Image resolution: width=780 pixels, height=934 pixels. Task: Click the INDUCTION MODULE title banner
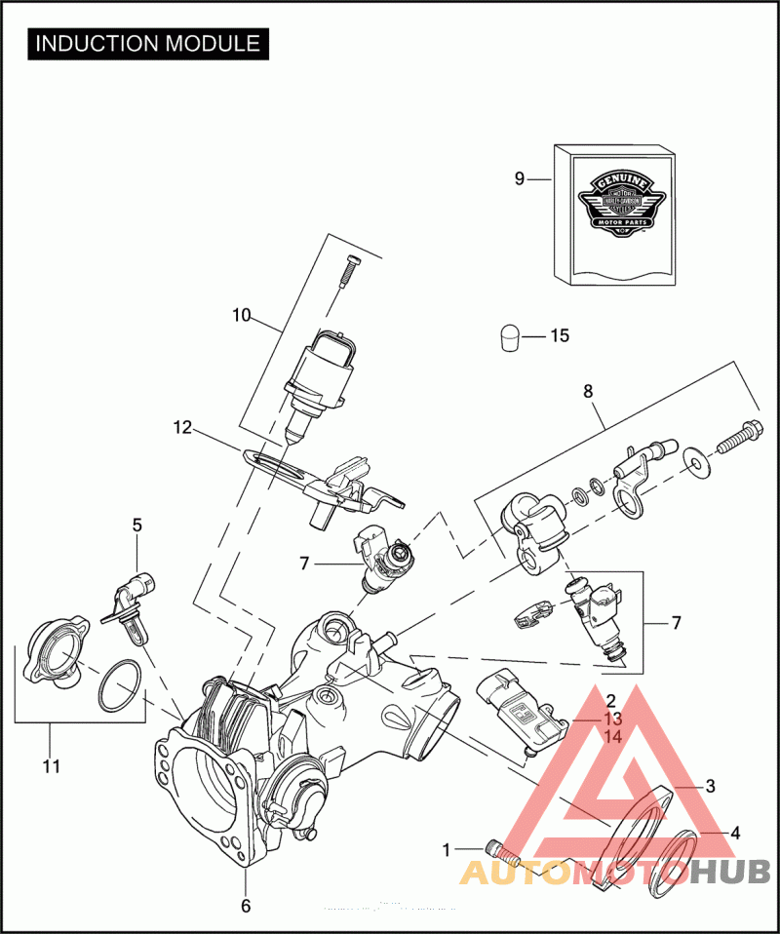pyautogui.click(x=148, y=44)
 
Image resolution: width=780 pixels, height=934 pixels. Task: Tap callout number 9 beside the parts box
pyautogui.click(x=520, y=178)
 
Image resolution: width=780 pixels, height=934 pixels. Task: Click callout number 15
pyautogui.click(x=559, y=336)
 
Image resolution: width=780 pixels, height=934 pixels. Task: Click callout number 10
pyautogui.click(x=241, y=315)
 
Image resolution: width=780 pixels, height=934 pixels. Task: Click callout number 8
pyautogui.click(x=588, y=392)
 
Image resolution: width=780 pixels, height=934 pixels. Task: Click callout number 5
pyautogui.click(x=137, y=525)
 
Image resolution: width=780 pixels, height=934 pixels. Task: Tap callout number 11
pyautogui.click(x=52, y=766)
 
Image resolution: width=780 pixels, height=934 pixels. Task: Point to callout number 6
pyautogui.click(x=246, y=906)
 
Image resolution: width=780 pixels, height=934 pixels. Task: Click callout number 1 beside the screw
pyautogui.click(x=448, y=849)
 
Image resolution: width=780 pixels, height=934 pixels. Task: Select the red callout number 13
pyautogui.click(x=612, y=719)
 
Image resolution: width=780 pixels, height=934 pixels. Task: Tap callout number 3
pyautogui.click(x=711, y=786)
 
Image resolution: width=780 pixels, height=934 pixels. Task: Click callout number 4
pyautogui.click(x=735, y=834)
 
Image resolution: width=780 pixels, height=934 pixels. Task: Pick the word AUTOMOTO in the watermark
pyautogui.click(x=575, y=872)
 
